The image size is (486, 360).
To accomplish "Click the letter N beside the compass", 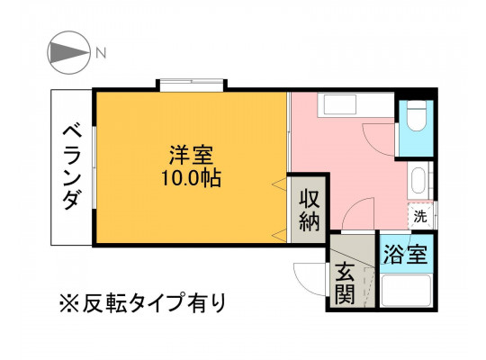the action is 101,53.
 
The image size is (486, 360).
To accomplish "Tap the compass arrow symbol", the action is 69,52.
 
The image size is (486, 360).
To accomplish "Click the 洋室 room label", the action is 191,156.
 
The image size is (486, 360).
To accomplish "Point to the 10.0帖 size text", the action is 191,178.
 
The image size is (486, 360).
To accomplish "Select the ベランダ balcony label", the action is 73,167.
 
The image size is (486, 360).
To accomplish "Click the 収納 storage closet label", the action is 310,211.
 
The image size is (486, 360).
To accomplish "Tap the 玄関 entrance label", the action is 345,283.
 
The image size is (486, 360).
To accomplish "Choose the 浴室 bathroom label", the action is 406,254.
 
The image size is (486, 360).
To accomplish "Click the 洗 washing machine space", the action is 420,216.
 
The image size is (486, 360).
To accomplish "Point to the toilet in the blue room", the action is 417,116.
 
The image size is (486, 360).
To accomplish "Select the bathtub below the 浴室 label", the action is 406,290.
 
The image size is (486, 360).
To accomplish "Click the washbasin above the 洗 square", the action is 419,181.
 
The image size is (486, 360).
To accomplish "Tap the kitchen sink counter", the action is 355,104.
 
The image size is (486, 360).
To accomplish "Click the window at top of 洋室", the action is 191,85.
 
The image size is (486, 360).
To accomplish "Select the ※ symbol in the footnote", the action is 69,303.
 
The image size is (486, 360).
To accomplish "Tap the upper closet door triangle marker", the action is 279,184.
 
